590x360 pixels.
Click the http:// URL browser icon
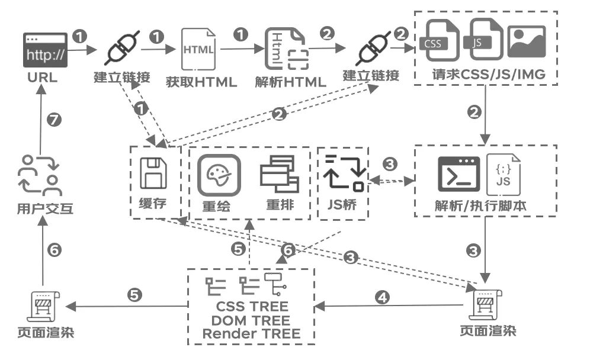[x=45, y=52]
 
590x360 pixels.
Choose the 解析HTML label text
[x=290, y=82]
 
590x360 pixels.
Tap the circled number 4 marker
[x=383, y=297]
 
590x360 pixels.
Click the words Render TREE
[x=251, y=333]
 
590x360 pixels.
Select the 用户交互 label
[x=45, y=208]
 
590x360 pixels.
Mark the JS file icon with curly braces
[x=503, y=174]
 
